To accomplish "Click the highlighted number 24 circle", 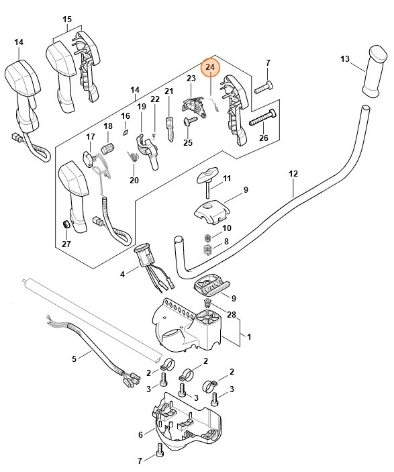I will point(210,67).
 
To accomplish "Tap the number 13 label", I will point(345,59).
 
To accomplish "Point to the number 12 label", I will point(293,174).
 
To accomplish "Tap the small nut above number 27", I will point(66,224).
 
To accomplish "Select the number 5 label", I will point(75,359).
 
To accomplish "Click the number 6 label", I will point(141,434).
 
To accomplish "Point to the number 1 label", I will point(249,336).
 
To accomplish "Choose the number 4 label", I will point(122,274).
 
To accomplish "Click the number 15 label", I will point(67,19).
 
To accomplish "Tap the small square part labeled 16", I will point(125,132).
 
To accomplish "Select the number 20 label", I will point(134,180).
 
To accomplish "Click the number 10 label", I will point(226,229).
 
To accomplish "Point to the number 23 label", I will point(191,79).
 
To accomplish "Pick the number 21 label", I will point(169,91).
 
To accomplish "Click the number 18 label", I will point(108,126).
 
